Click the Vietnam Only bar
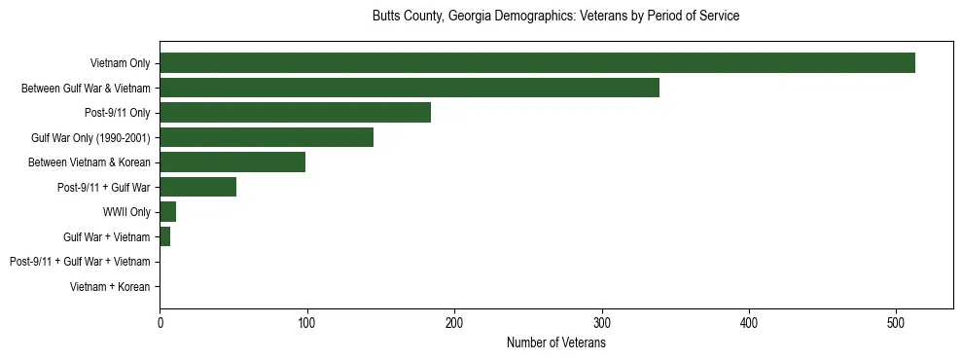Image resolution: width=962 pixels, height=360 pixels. click(537, 63)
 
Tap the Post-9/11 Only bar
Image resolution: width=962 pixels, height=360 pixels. click(295, 113)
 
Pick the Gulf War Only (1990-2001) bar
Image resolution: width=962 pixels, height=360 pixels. click(267, 137)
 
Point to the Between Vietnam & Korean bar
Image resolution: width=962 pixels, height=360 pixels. click(232, 162)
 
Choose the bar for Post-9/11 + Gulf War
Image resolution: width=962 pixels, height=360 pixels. click(197, 187)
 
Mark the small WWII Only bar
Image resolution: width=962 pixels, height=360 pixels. click(167, 212)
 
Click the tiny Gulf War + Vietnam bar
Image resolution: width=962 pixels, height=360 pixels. click(164, 236)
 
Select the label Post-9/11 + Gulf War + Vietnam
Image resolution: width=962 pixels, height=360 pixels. click(80, 262)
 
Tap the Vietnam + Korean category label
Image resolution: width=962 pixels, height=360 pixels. click(110, 287)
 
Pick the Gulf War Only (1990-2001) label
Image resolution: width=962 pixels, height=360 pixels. click(90, 138)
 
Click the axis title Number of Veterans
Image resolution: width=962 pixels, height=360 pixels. click(555, 342)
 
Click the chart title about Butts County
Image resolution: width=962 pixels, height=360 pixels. click(555, 17)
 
